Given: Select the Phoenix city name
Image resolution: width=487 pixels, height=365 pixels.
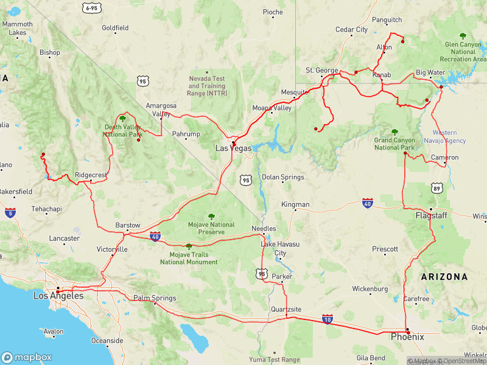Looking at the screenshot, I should [407, 336].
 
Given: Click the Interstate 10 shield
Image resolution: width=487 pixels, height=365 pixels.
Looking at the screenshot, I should [328, 319].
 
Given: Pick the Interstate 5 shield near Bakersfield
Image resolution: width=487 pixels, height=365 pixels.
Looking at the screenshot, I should [10, 212].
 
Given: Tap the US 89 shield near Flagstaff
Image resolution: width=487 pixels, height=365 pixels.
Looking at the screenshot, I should [436, 189].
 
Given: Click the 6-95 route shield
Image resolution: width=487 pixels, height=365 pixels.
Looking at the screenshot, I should [92, 8].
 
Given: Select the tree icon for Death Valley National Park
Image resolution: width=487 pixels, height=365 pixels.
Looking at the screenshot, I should [122, 118].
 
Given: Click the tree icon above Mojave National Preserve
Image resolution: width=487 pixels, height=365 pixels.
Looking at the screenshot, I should [211, 216].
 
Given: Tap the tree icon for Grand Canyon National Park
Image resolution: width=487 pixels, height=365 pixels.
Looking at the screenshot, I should [394, 131].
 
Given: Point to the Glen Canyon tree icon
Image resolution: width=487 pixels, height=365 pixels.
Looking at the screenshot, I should [463, 36].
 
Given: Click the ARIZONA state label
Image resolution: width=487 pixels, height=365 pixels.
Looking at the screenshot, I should [444, 277].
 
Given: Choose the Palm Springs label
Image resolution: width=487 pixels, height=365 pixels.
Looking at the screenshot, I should [155, 298].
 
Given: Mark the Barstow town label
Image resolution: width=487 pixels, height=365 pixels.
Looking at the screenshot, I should [128, 225].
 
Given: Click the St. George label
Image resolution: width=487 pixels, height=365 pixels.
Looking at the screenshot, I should [321, 71].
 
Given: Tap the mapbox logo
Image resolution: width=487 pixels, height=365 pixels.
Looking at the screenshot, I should [27, 358].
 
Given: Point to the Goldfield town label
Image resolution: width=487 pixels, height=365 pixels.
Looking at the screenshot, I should [115, 28].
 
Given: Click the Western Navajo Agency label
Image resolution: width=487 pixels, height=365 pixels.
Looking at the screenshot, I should [449, 137].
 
